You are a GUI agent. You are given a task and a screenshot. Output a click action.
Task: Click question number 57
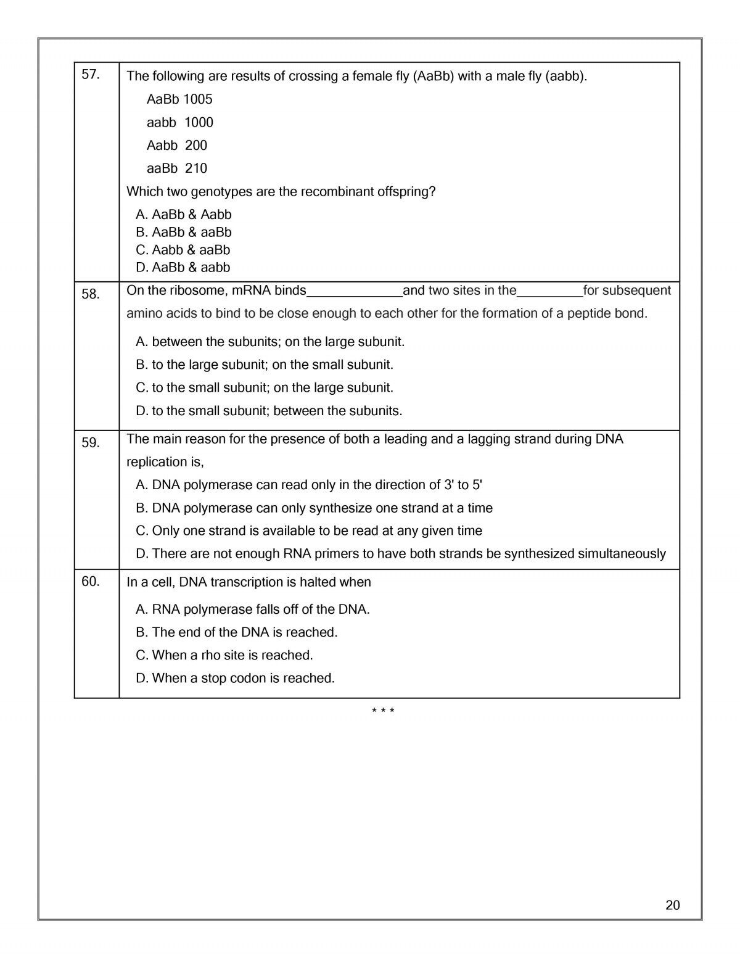click(90, 75)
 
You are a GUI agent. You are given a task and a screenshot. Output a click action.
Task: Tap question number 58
click(90, 294)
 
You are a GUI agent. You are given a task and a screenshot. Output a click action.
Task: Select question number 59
click(90, 443)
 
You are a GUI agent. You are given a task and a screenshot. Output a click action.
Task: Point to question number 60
click(90, 581)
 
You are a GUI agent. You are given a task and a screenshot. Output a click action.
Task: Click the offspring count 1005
click(197, 99)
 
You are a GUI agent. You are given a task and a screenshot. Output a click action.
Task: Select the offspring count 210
click(196, 168)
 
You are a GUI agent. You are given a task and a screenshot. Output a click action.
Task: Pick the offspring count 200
click(196, 146)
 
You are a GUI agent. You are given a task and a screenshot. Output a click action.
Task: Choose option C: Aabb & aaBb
click(183, 250)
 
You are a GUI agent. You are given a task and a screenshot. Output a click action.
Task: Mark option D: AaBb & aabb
click(183, 267)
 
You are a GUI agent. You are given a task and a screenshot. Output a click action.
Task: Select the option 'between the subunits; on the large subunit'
click(270, 342)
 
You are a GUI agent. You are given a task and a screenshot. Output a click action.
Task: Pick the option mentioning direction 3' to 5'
click(308, 485)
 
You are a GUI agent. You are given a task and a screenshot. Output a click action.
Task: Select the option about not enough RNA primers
click(401, 554)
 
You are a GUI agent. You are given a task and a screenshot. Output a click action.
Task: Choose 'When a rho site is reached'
click(224, 655)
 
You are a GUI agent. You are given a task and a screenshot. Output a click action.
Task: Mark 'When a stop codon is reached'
click(235, 679)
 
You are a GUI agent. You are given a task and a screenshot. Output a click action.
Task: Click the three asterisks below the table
click(383, 711)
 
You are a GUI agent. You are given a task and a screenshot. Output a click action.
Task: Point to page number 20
click(673, 905)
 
